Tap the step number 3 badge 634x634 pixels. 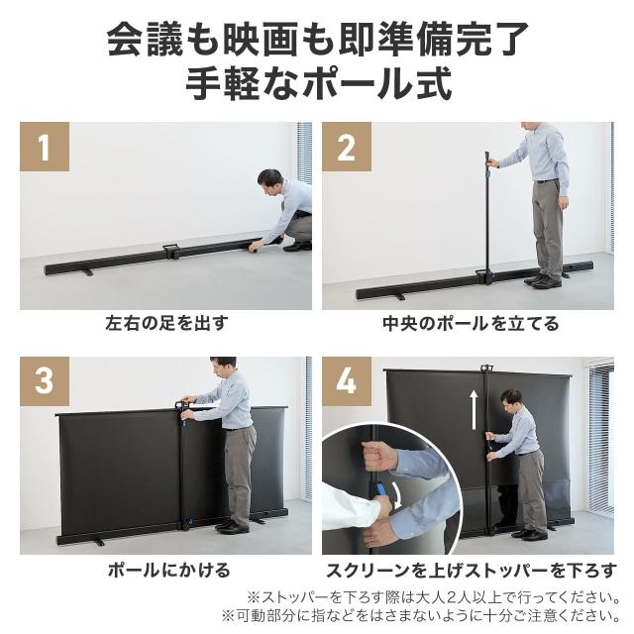tap(45, 381)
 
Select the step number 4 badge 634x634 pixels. tap(346, 381)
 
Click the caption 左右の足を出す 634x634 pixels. tap(166, 323)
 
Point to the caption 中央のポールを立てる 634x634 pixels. tap(471, 323)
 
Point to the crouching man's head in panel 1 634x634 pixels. tap(269, 180)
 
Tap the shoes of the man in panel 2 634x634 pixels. tap(543, 281)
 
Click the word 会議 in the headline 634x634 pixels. tap(139, 42)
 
